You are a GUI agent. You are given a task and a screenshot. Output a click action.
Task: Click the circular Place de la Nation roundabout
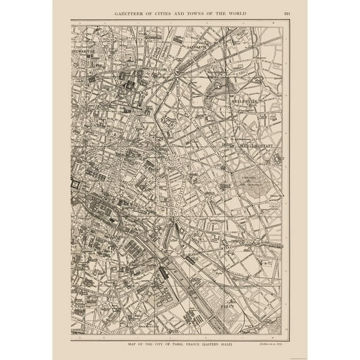(257, 241)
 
